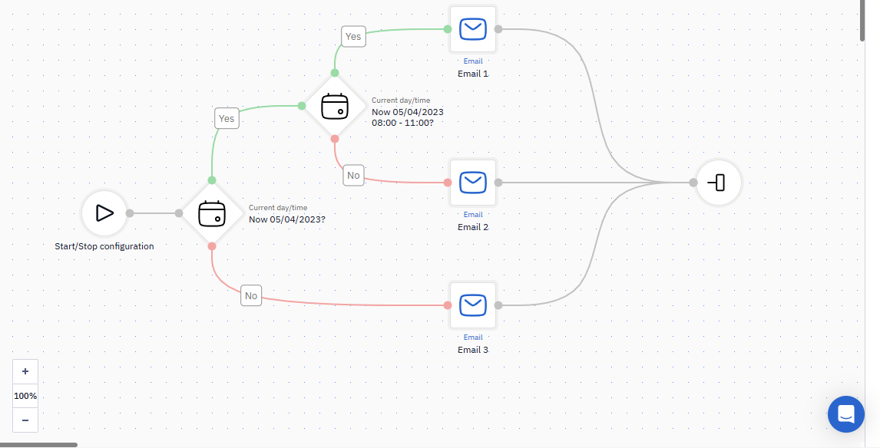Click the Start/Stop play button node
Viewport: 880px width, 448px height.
click(104, 213)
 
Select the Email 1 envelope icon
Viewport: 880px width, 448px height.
click(472, 29)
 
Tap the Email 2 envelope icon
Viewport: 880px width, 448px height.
click(472, 183)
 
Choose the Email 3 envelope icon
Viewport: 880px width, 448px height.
click(472, 305)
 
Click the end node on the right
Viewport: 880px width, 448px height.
click(718, 183)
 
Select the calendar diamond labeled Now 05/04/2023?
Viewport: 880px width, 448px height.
click(212, 213)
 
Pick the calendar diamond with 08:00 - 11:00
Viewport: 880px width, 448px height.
click(335, 106)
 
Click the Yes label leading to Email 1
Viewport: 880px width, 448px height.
click(353, 37)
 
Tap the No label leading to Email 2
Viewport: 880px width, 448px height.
click(353, 176)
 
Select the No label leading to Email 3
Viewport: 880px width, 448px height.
click(251, 295)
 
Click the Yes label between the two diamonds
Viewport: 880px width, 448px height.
click(227, 118)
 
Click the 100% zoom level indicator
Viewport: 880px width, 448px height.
click(25, 396)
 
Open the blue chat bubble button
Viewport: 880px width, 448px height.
click(845, 414)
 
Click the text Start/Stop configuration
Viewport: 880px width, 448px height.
click(104, 246)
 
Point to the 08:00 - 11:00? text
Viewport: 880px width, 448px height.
click(402, 122)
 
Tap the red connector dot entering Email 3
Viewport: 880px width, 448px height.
click(448, 305)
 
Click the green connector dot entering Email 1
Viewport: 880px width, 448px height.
click(448, 29)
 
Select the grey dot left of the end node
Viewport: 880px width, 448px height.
click(693, 183)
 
